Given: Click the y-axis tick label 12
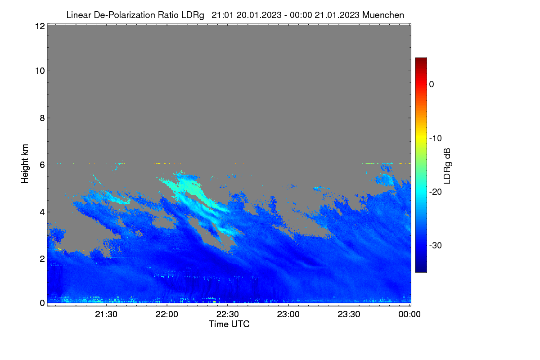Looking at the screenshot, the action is coord(40,26).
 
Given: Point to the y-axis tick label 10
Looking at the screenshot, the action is coord(40,71).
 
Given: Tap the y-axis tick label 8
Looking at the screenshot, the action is coord(42,118).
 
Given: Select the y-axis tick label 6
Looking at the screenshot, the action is coord(42,165).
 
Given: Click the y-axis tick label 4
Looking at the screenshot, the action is coord(42,212).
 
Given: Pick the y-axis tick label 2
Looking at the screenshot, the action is coord(42,259).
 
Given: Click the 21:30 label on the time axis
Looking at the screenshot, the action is coord(106,314).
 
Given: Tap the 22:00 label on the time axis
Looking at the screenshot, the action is coord(167,314).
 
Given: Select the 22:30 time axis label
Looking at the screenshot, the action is coord(228,314).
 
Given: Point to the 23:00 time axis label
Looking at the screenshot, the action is coord(288,314).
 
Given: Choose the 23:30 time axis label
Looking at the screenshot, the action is coord(349,314).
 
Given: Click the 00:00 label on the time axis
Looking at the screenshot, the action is coord(409,314).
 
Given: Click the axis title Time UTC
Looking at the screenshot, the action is coord(229,324).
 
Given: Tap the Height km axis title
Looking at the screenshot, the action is coord(25,164).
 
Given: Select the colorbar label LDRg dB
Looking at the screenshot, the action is coord(447,166).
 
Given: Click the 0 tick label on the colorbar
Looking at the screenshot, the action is coord(432,85).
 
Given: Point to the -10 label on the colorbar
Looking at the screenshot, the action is coord(436,139).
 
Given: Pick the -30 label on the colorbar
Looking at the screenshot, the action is coord(436,245).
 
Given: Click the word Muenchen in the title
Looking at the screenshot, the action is coord(383,15).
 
